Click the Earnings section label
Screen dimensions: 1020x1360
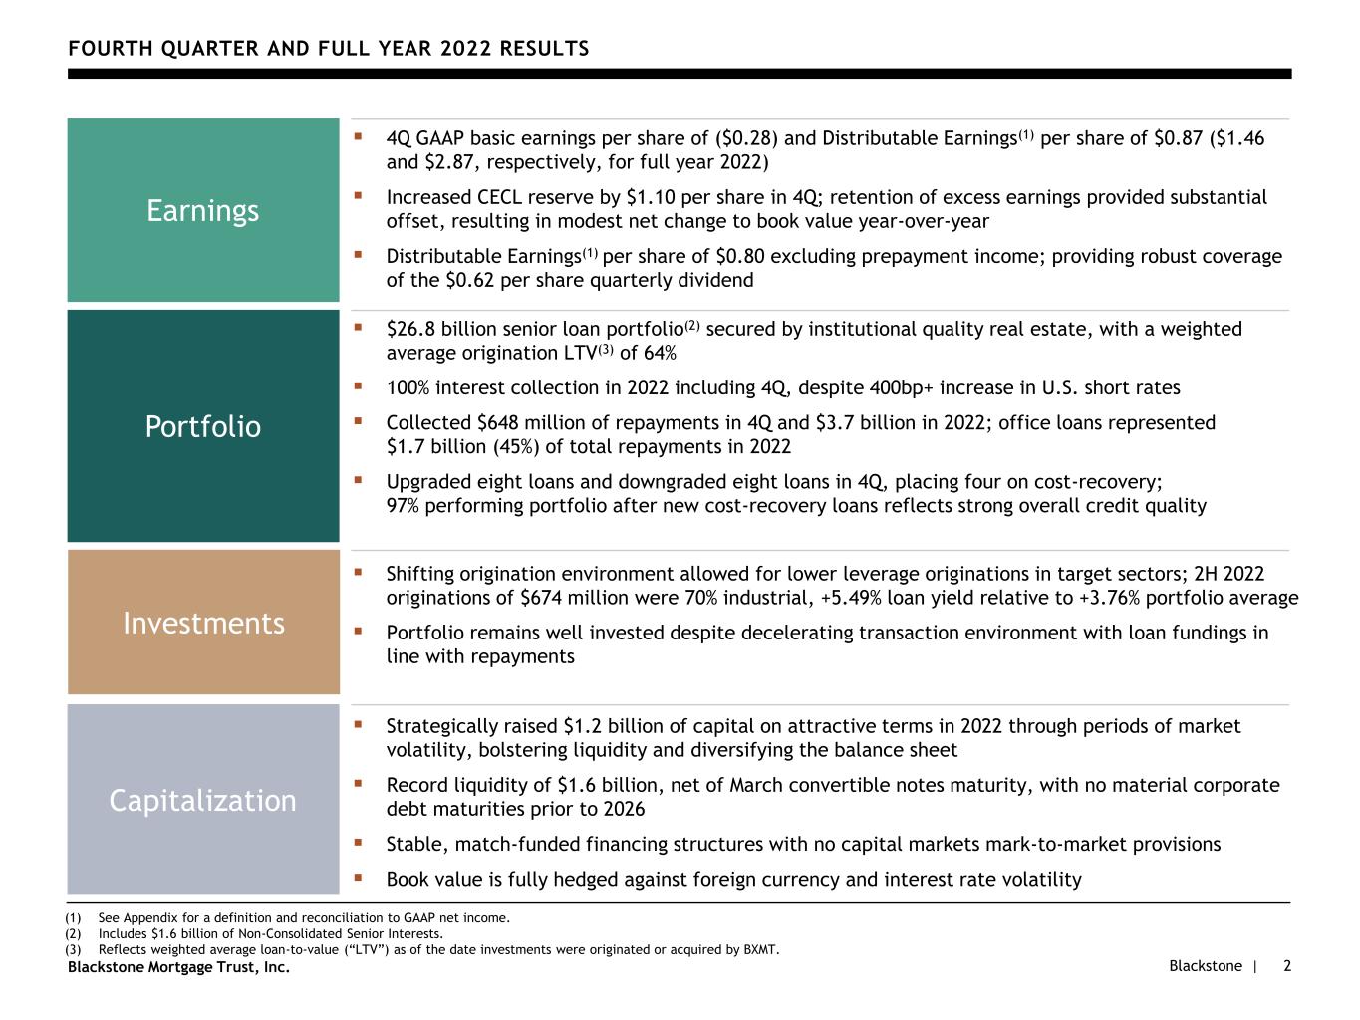[202, 210]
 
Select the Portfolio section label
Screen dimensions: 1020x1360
[203, 426]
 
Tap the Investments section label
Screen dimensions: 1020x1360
[203, 623]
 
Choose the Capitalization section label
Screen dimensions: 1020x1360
[203, 800]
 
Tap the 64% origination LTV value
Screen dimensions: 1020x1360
[658, 353]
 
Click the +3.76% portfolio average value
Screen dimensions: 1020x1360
[1123, 598]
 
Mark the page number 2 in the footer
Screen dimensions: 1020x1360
[1287, 966]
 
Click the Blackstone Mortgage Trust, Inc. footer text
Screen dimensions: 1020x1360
[178, 967]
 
